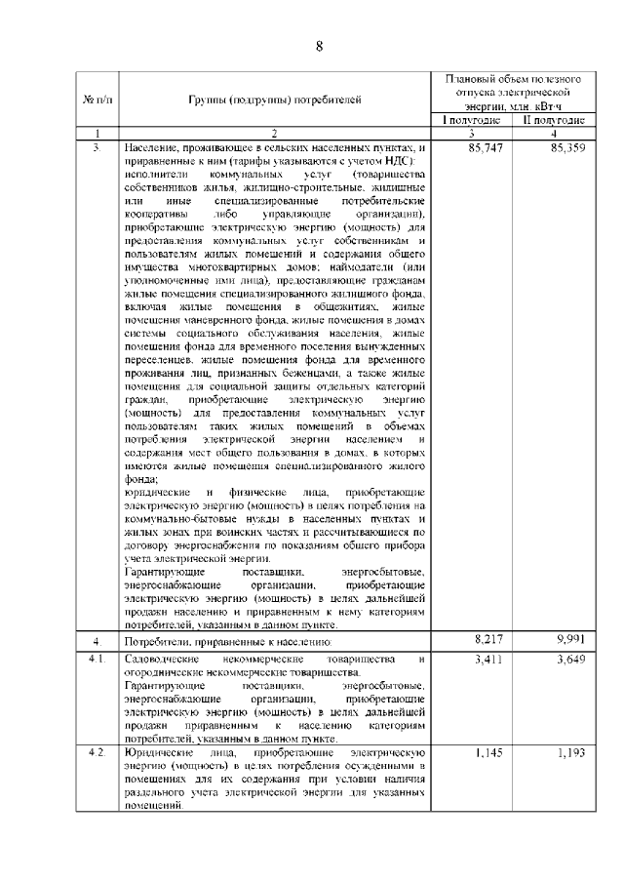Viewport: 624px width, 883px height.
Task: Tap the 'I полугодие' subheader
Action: point(472,120)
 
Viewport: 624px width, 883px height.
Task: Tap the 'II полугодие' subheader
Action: point(554,120)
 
